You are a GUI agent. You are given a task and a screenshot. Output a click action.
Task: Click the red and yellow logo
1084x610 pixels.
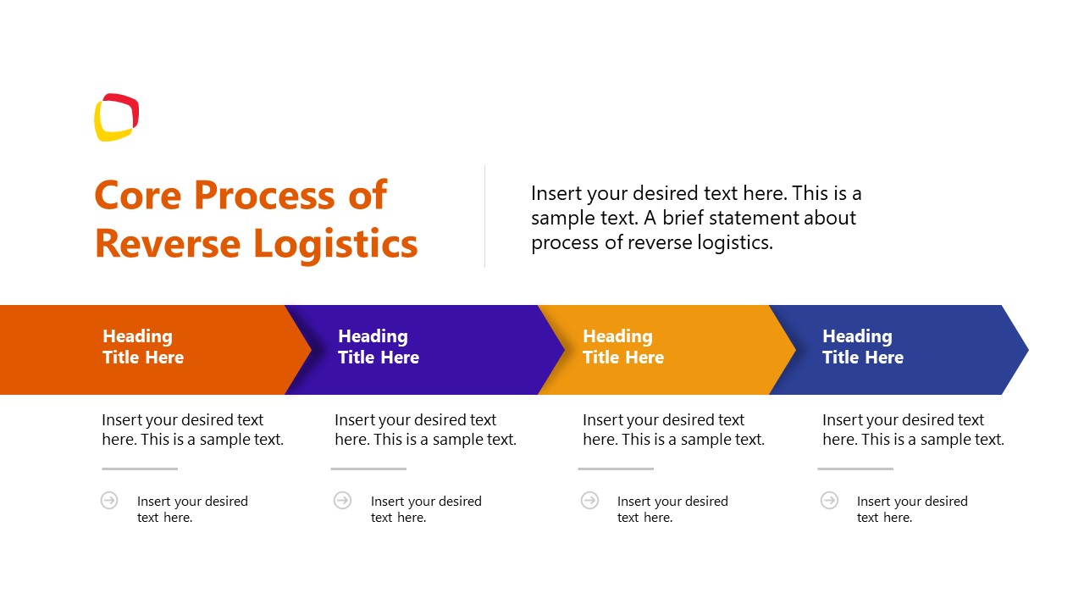pyautogui.click(x=116, y=117)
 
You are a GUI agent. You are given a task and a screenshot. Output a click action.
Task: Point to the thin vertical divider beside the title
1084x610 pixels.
pyautogui.click(x=484, y=216)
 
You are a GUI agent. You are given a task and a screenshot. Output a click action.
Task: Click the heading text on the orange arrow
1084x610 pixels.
pyautogui.click(x=142, y=347)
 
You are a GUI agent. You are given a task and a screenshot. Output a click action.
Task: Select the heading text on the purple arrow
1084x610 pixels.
pyautogui.click(x=378, y=347)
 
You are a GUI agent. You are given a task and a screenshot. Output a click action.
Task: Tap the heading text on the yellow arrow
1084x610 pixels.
pyautogui.click(x=622, y=347)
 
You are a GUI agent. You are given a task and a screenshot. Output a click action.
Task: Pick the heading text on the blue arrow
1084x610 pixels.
pyautogui.click(x=862, y=347)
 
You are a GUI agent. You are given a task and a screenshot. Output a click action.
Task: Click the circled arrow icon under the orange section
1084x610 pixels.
pyautogui.click(x=109, y=500)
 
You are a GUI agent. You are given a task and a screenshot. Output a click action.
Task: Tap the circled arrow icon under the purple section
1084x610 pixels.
pyautogui.click(x=342, y=500)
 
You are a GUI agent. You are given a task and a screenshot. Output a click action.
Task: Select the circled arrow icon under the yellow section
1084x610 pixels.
pyautogui.click(x=589, y=500)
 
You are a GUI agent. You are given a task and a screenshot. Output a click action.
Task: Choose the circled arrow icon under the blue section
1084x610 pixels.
pyautogui.click(x=829, y=500)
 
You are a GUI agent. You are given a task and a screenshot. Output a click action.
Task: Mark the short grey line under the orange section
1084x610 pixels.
pyautogui.click(x=140, y=469)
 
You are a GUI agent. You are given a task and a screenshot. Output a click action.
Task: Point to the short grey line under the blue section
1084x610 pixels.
pyautogui.click(x=854, y=469)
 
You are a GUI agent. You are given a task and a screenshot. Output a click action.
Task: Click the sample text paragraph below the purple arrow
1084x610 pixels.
pyautogui.click(x=425, y=430)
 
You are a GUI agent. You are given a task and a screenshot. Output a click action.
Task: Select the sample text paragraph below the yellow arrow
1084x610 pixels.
pyautogui.click(x=673, y=430)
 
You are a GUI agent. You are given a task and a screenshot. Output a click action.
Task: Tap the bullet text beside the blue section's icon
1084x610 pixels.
pyautogui.click(x=911, y=509)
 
